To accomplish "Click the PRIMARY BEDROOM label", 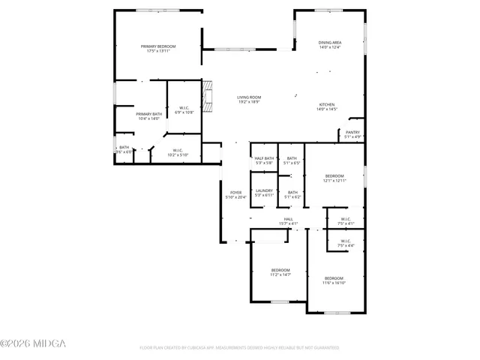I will click(158, 46).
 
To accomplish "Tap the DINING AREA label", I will click(330, 43).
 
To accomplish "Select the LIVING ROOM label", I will click(249, 97).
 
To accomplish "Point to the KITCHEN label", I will click(326, 104).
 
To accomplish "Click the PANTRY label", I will click(352, 132).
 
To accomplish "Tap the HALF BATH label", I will click(264, 157).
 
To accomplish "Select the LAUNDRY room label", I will click(264, 190).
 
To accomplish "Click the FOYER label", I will click(235, 192).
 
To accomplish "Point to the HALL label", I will click(289, 219).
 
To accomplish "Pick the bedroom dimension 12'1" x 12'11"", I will click(334, 180).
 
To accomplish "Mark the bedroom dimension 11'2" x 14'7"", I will click(280, 275).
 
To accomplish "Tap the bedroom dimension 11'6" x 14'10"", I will click(334, 283).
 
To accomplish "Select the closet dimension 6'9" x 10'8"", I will click(184, 112).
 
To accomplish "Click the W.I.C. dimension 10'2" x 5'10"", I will click(178, 154).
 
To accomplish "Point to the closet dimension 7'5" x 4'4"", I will click(346, 245).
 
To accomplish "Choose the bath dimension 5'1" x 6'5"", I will click(292, 163).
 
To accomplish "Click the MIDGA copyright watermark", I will click(33, 343).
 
